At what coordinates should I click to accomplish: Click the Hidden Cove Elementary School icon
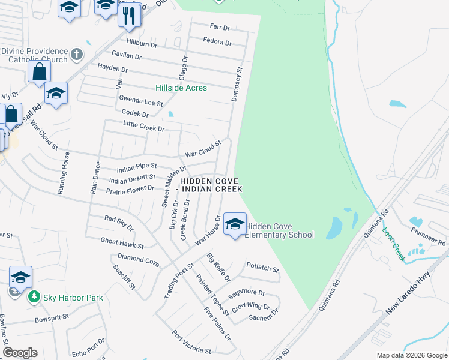click(x=234, y=224)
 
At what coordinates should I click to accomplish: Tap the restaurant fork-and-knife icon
click(x=129, y=16)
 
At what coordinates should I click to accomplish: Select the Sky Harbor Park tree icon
click(x=34, y=298)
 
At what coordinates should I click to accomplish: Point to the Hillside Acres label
click(x=181, y=88)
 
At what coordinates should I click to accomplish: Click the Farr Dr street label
click(x=220, y=28)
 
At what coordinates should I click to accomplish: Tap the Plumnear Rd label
click(x=429, y=235)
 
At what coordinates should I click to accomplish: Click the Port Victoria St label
click(x=191, y=342)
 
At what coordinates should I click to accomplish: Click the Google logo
click(x=20, y=353)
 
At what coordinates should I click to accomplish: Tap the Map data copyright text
click(x=412, y=355)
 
